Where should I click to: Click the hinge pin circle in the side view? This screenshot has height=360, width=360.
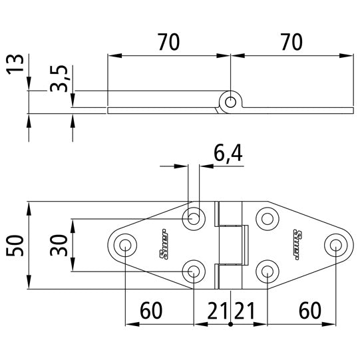click(230, 102)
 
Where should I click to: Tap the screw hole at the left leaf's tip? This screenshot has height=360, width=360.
click(125, 245)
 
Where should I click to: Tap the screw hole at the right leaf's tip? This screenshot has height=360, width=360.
click(336, 245)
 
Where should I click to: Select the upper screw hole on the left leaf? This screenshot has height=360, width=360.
click(194, 217)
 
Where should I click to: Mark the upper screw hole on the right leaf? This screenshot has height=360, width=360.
click(267, 217)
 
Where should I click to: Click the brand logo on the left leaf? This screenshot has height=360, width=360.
click(158, 244)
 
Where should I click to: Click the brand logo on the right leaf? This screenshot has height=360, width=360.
click(302, 244)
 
